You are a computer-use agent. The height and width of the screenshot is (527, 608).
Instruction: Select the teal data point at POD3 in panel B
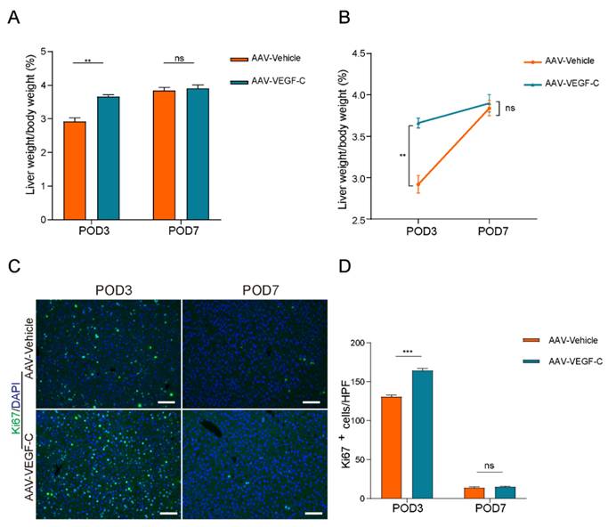tap(418, 123)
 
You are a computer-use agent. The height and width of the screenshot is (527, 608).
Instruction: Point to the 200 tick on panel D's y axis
tap(361, 343)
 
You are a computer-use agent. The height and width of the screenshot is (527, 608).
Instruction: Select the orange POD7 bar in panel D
tap(471, 492)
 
